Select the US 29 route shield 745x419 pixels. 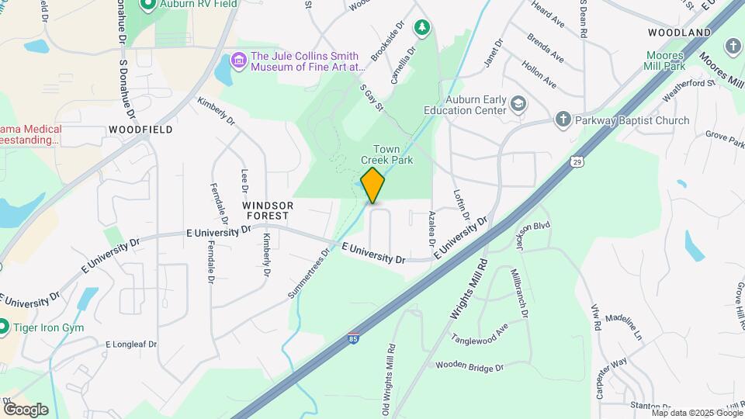click(x=576, y=161)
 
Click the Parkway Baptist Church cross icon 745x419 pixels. click(x=564, y=119)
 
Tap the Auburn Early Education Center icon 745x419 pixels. click(x=518, y=103)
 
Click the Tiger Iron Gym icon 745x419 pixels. click(x=4, y=327)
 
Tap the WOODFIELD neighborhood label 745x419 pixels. click(x=140, y=129)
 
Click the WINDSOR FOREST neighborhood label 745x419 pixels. click(x=268, y=210)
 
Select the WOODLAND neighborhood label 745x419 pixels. click(x=680, y=33)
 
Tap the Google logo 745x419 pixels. click(x=26, y=409)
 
